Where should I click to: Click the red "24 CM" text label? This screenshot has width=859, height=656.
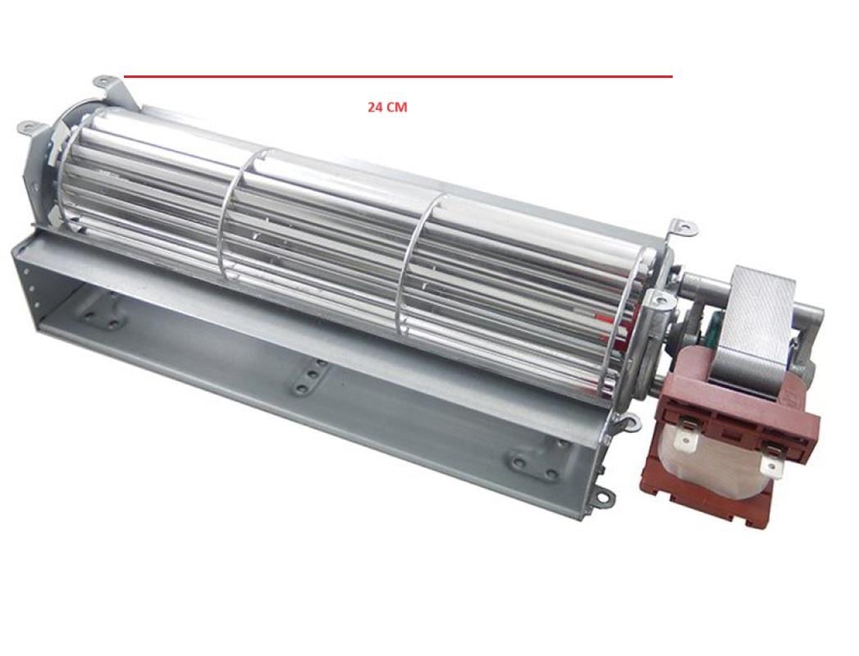(x=386, y=107)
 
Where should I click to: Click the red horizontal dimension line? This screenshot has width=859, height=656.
(x=398, y=76)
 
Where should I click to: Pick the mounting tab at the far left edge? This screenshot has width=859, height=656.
(x=27, y=127)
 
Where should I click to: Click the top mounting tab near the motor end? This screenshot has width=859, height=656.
(x=681, y=226)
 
